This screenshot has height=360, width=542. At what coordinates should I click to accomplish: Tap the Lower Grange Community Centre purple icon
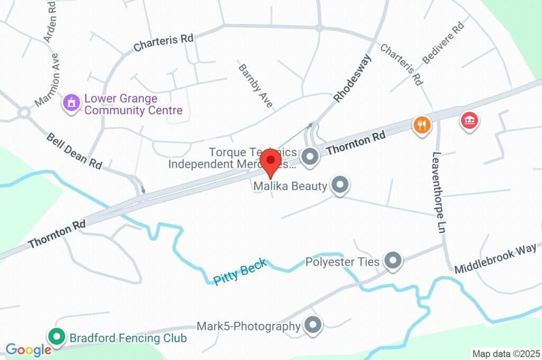[70, 103]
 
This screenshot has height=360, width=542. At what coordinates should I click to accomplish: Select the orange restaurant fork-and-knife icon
[422, 125]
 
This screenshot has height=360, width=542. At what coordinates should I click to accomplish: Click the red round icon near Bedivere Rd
[469, 121]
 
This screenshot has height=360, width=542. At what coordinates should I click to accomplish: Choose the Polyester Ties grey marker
[393, 260]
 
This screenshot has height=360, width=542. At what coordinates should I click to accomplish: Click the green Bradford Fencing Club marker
[56, 336]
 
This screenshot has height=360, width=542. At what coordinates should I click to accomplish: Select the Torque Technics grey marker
[309, 156]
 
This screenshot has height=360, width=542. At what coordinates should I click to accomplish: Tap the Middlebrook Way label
[495, 259]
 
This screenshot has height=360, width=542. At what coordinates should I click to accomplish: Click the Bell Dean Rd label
[74, 150]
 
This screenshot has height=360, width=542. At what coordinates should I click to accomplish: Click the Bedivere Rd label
[443, 43]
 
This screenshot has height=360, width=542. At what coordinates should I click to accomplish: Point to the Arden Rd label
[51, 21]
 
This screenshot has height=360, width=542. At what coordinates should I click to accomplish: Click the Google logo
[28, 349]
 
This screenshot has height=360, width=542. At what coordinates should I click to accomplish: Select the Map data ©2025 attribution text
[505, 354]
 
